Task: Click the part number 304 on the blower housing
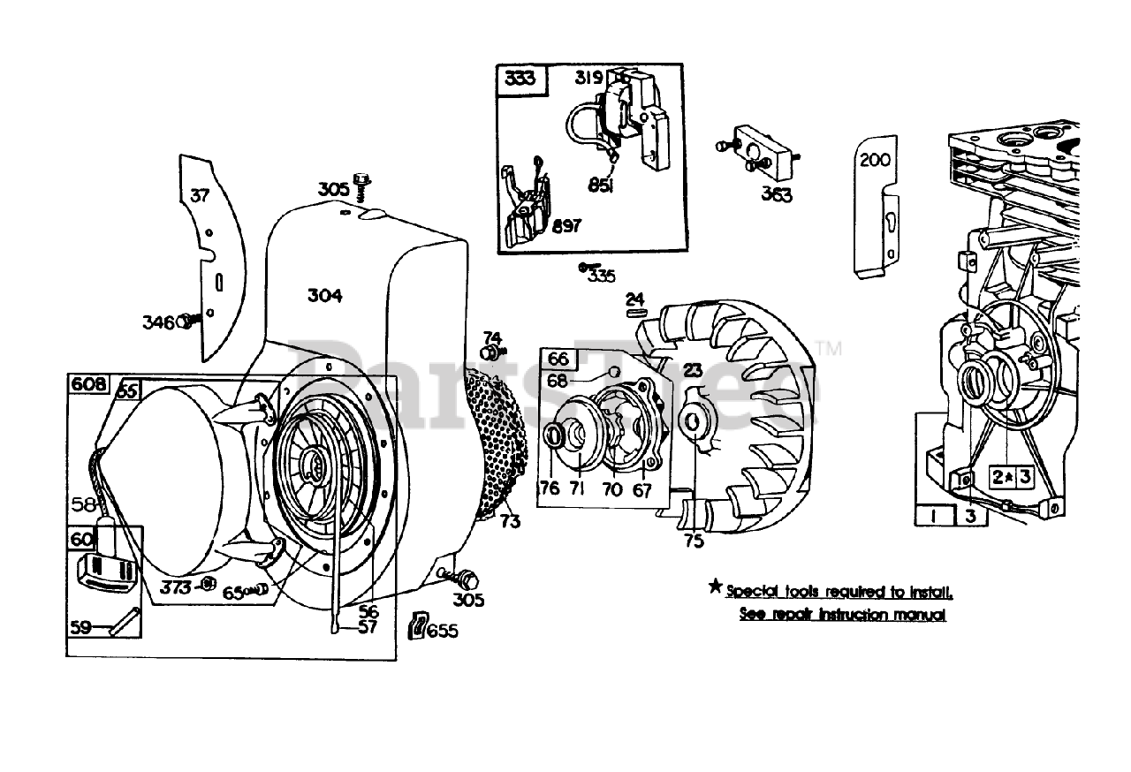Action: coord(324,296)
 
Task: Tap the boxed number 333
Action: coord(520,79)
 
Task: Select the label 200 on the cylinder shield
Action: coord(875,160)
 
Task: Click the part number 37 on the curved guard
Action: coord(201,195)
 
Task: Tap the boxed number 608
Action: coord(89,384)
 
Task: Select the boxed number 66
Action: coord(558,360)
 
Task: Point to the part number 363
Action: coord(777,194)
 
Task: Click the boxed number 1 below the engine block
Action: coord(933,515)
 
